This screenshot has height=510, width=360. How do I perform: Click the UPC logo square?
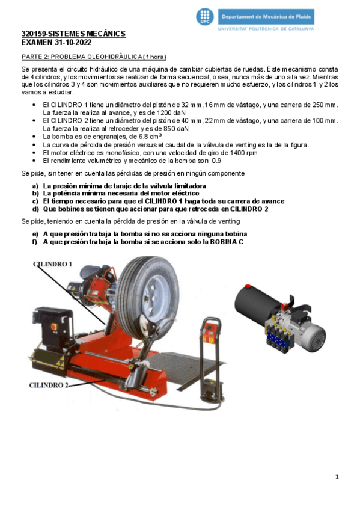[x=206, y=17]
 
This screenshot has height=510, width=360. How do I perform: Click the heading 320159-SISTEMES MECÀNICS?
[x=73, y=35]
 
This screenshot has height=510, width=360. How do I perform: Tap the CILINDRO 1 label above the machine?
[x=52, y=264]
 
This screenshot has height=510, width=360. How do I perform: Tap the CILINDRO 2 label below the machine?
[x=49, y=385]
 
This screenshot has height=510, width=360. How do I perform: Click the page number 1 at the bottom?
[x=337, y=476]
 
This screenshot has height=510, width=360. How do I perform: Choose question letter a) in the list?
[x=35, y=186]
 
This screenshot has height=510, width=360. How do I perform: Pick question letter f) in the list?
[x=35, y=242]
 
